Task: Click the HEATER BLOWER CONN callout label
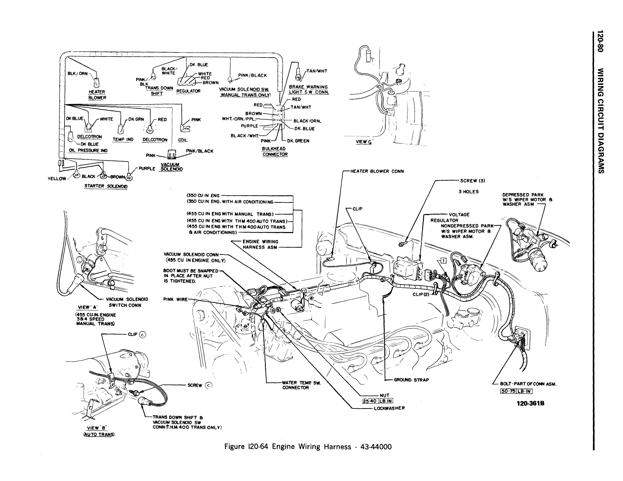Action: tap(377, 171)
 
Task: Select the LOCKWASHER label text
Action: tap(389, 408)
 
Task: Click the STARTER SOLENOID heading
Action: tap(106, 186)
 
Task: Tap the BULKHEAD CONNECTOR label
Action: tap(275, 151)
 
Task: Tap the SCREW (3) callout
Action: tap(472, 181)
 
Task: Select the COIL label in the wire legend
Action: tap(183, 140)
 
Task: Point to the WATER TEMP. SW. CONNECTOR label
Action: tap(301, 385)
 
